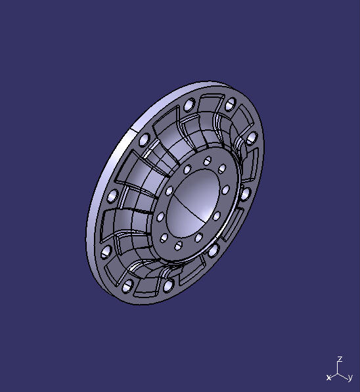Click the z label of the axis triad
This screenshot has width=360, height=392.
point(340,360)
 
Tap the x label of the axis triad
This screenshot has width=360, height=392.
point(328,378)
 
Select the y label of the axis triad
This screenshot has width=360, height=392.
point(350,378)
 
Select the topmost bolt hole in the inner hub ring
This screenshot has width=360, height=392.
point(208,160)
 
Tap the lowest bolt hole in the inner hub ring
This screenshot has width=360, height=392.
point(178,246)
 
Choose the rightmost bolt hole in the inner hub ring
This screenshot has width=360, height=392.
point(225,189)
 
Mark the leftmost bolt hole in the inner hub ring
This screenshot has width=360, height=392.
point(160,217)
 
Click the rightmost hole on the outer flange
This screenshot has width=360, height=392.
point(250,137)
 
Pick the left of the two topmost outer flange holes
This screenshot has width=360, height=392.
point(189,106)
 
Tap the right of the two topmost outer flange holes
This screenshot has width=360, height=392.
point(231,104)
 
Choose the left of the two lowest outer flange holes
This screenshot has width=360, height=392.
point(127,286)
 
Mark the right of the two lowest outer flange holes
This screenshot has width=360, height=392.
point(169,286)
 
